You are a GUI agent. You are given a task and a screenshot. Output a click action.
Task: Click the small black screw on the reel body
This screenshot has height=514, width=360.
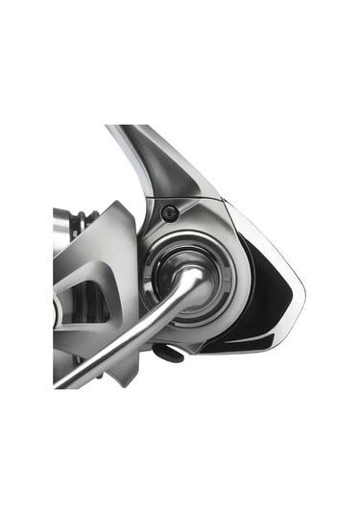(170, 212)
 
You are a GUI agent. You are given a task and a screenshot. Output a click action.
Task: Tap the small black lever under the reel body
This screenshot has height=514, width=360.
(167, 354)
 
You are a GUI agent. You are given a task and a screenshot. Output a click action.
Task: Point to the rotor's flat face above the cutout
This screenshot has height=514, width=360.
(106, 245)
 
